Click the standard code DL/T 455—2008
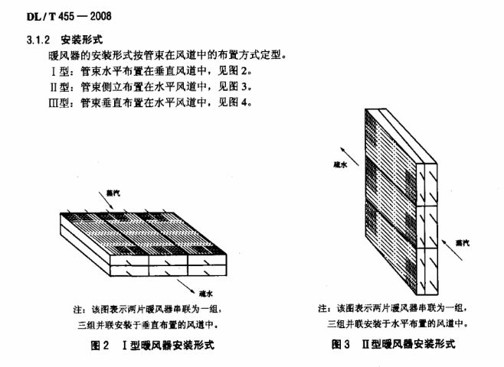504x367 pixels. click(69, 16)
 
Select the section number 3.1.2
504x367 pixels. click(38, 40)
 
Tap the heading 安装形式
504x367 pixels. click(82, 40)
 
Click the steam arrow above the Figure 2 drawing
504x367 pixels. click(106, 201)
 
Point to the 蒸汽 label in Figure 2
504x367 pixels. click(113, 193)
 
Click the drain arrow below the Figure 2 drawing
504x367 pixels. click(186, 287)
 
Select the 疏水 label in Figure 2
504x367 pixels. click(206, 294)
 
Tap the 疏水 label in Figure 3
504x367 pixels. click(340, 165)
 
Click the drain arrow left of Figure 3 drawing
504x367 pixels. click(350, 157)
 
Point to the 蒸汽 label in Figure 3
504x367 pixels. click(462, 243)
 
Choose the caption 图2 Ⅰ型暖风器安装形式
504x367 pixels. click(152, 345)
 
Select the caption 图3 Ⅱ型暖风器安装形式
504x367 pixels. click(394, 344)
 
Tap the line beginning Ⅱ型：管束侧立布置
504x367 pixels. click(150, 86)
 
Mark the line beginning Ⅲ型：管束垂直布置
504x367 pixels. click(150, 102)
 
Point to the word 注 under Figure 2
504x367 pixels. click(77, 310)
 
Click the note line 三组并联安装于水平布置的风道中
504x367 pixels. click(398, 323)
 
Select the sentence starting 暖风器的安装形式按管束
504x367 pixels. click(167, 56)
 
